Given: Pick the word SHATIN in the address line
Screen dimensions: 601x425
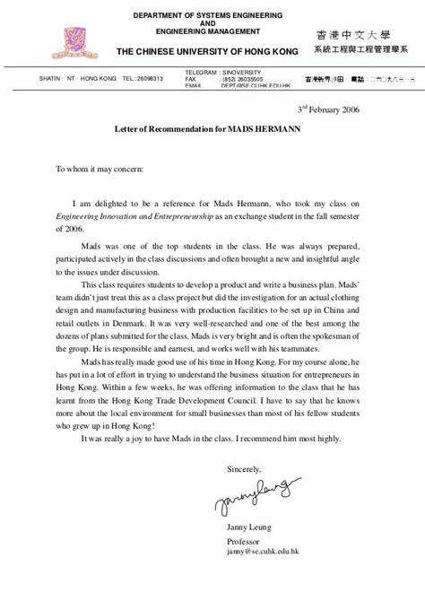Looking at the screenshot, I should [x=51, y=78].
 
